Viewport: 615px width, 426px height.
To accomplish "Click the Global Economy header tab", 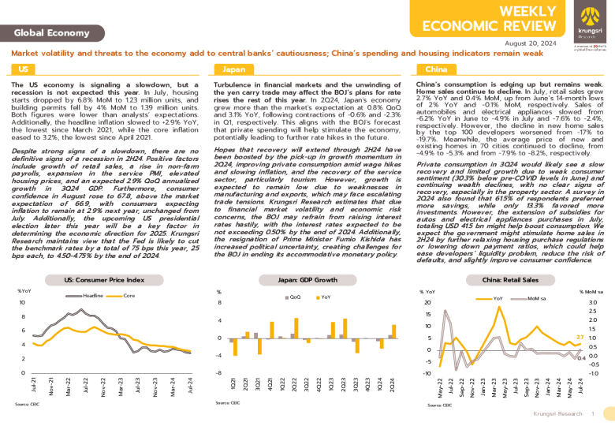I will (46, 32).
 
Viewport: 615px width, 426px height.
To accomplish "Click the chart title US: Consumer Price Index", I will (105, 279).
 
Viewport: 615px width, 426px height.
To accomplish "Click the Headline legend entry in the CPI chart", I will (93, 295).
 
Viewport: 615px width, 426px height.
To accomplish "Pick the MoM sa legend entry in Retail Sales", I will (536, 299).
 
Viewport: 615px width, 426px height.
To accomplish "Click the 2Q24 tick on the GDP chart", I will (393, 385).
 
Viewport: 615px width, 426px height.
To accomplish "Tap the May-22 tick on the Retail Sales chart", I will (440, 386).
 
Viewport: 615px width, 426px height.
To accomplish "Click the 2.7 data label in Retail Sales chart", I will (580, 337).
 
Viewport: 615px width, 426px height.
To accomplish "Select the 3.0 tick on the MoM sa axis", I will (593, 302).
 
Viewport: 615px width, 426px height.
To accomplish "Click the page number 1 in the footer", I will (592, 413).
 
